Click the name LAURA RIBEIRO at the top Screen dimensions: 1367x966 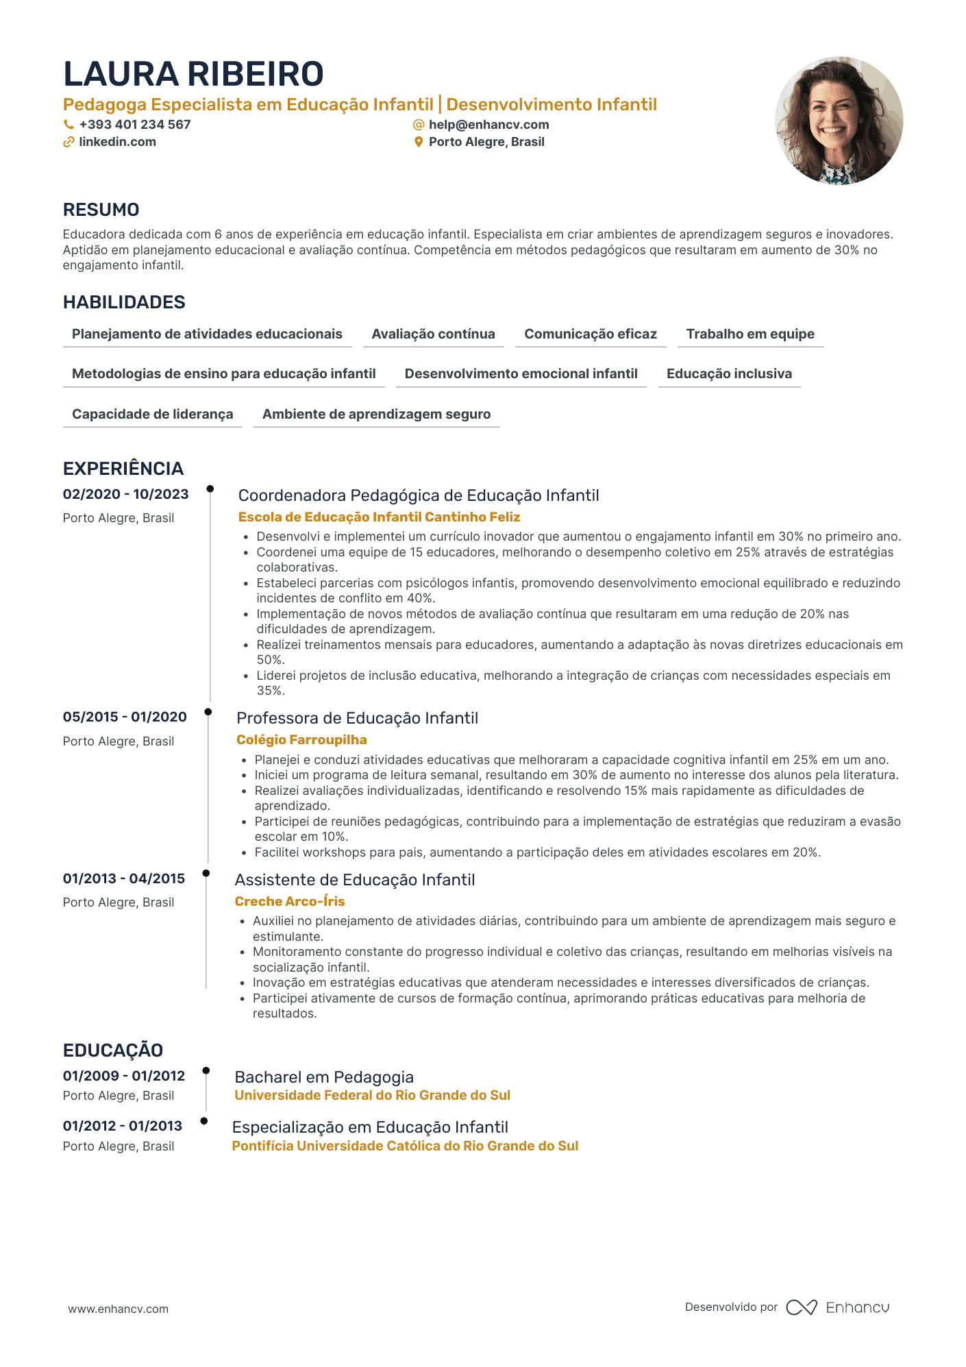point(193,74)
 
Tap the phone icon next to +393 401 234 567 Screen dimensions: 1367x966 point(69,125)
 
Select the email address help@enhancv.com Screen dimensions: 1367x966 point(488,125)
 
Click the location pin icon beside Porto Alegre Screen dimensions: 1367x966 point(419,143)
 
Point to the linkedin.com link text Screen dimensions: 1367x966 point(117,142)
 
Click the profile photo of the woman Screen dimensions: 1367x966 point(839,121)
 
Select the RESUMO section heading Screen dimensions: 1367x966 point(101,210)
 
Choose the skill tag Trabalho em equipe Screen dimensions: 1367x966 point(750,334)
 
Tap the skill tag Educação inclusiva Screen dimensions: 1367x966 point(729,373)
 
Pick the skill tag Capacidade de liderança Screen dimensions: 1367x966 point(152,414)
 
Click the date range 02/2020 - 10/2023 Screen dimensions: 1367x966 point(125,494)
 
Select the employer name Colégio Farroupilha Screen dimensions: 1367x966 point(301,740)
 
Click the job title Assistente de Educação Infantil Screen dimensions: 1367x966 point(354,880)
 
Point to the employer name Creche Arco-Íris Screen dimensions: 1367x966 point(290,902)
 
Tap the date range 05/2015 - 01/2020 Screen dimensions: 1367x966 point(125,717)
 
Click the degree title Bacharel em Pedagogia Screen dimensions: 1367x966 point(324,1077)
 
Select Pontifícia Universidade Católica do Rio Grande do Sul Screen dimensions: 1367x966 point(405,1146)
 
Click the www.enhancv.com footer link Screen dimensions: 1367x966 point(118,1309)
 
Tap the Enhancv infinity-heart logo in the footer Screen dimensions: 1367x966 point(801,1307)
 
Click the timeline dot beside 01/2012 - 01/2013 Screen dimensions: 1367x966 point(204,1121)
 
